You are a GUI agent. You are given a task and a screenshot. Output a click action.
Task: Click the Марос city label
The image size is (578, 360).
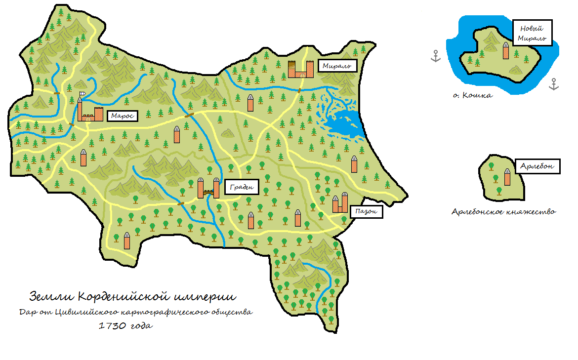point(122,116)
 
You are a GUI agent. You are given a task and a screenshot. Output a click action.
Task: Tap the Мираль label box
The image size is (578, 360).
point(336,66)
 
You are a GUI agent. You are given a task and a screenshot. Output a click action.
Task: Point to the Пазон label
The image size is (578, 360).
point(367,212)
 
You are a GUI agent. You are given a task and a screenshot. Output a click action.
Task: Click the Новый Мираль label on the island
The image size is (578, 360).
point(532,33)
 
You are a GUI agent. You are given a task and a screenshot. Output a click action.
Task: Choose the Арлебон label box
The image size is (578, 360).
point(539,166)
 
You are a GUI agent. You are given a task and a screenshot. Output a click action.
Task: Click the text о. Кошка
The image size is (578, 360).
point(472,95)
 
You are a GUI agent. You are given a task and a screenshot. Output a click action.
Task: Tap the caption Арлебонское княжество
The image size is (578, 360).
point(503,212)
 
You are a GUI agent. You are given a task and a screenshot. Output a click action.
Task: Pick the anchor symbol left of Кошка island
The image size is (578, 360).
point(435,56)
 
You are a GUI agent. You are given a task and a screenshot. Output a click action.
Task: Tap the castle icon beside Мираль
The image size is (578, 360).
point(301,69)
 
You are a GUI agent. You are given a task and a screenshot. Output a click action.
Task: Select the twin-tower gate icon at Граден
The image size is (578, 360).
point(208,188)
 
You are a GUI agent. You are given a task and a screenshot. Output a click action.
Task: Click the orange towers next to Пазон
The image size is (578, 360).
point(340,203)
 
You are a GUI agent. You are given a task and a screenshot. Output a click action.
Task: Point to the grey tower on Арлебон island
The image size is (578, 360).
point(507,177)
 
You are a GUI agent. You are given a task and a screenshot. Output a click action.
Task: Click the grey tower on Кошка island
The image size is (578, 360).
point(506,50)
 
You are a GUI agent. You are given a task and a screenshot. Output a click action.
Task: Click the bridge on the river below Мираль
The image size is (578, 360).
point(299,90)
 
